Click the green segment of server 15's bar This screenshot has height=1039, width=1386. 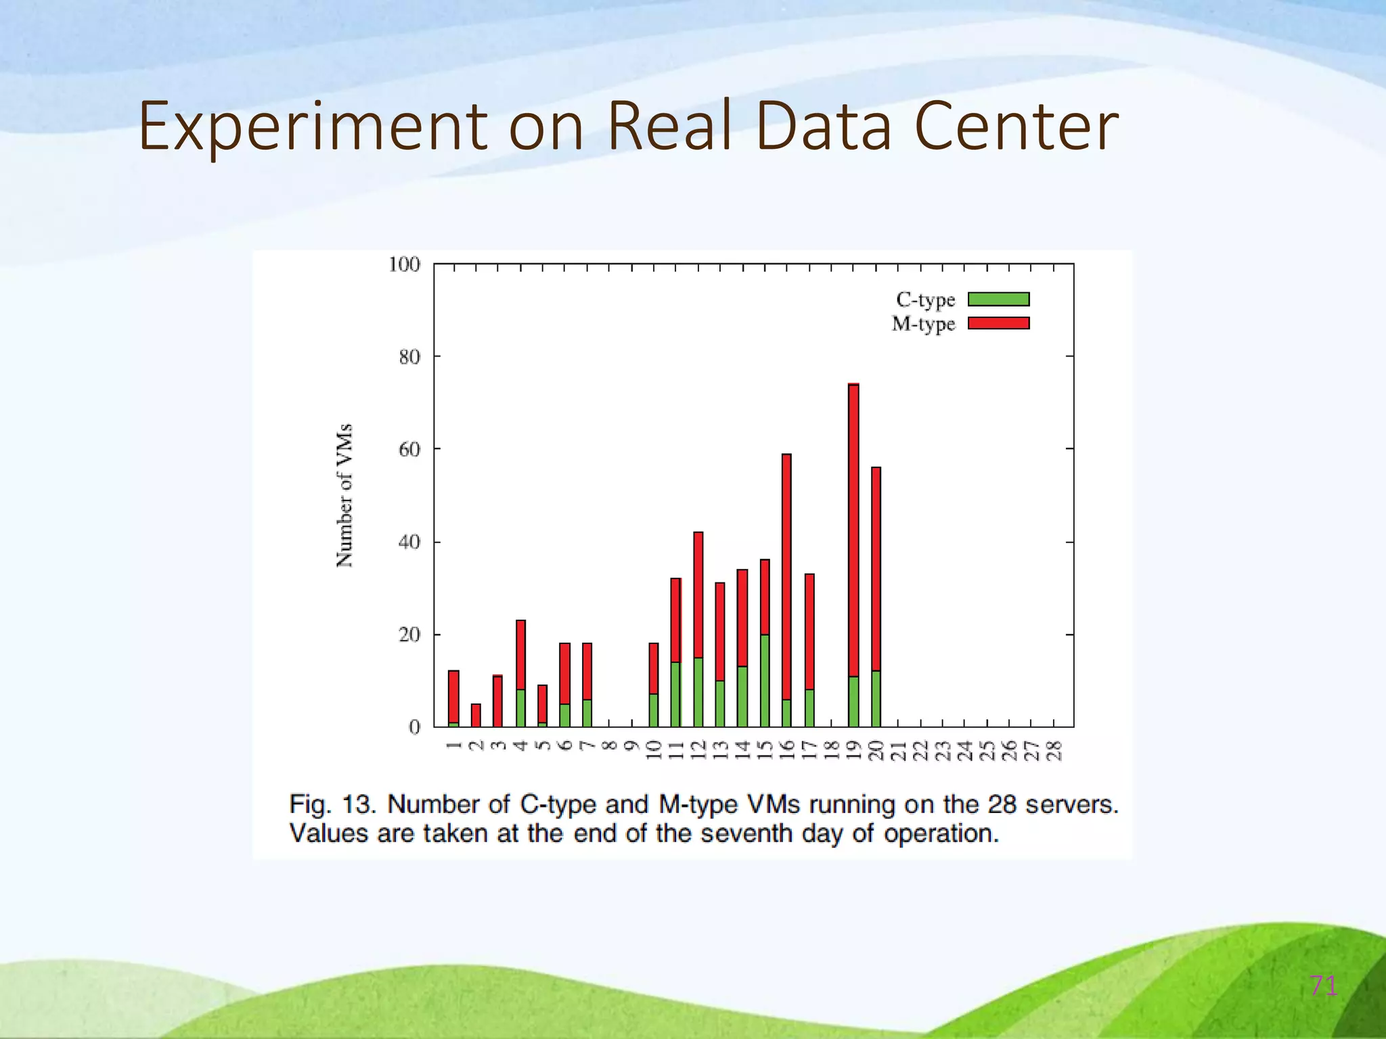pos(765,680)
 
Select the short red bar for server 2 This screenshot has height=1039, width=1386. pos(476,715)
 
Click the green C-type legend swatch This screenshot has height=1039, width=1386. pos(998,299)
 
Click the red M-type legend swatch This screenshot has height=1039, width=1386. pos(998,323)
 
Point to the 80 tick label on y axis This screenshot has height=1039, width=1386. pos(409,357)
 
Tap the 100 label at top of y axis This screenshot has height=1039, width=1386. pos(404,264)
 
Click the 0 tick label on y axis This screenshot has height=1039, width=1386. pos(414,728)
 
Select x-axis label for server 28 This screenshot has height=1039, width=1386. pos(1054,750)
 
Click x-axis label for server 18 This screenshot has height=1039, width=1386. pos(832,750)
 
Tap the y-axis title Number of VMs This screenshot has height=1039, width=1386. pos(344,496)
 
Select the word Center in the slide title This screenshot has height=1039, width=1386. pos(1016,127)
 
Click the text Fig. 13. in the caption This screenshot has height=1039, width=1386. pos(332,805)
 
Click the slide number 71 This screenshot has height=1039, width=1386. pos(1323,986)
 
